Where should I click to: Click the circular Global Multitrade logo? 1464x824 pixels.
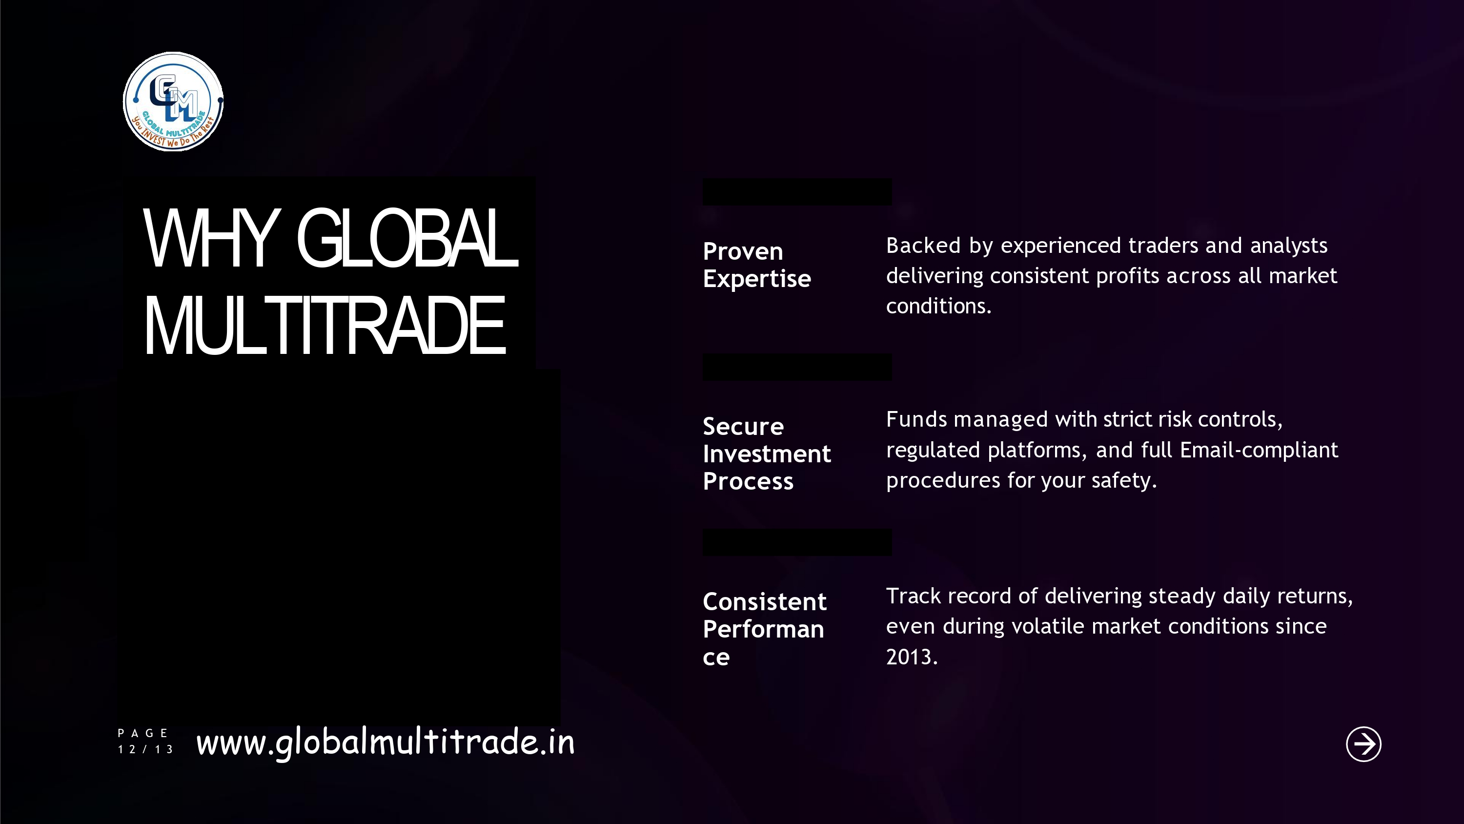coord(173,102)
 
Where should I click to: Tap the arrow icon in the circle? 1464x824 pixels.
coord(1363,744)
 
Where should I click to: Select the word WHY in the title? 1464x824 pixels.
coord(212,238)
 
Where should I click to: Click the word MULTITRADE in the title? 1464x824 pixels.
coord(325,326)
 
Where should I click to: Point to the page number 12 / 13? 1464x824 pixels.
coord(145,749)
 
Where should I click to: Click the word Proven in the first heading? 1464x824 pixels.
coord(743,251)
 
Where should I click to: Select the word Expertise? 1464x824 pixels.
coord(757,279)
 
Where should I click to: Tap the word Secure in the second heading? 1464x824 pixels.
coord(743,427)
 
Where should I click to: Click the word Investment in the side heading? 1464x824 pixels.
coord(767,454)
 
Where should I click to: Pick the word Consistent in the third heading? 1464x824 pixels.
coord(764,602)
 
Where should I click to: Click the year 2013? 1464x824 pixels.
coord(912,657)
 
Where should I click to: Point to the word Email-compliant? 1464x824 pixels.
coord(1259,450)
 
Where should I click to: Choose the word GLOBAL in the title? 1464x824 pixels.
coord(407,238)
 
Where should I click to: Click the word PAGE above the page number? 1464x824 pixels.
coord(142,733)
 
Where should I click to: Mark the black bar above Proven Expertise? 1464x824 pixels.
coord(797,192)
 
